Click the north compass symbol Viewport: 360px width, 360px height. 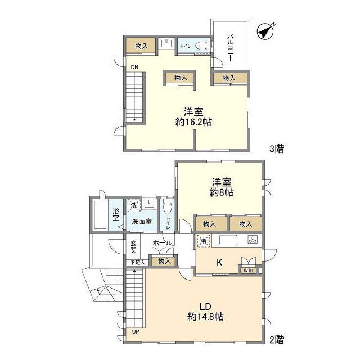(265, 31)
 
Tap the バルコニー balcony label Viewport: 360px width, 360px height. (231, 48)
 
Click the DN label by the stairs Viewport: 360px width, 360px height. (134, 67)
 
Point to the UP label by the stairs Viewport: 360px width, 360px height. (136, 332)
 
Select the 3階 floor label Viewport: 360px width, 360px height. (277, 148)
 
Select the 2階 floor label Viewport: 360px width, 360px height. (277, 340)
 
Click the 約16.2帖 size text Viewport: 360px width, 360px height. (193, 122)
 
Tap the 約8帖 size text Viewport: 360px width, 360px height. (222, 192)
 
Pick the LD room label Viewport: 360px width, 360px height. (205, 307)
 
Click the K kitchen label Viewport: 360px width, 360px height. (219, 263)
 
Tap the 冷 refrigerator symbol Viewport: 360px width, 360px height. (203, 241)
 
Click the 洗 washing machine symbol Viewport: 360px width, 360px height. (134, 205)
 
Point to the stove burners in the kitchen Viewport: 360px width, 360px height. (253, 240)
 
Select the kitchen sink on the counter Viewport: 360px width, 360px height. (228, 240)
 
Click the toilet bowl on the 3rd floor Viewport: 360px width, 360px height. (203, 46)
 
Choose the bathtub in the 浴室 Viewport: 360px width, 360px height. (100, 215)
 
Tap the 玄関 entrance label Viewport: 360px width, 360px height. (133, 246)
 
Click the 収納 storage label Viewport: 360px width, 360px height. (248, 271)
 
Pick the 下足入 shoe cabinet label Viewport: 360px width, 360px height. (138, 263)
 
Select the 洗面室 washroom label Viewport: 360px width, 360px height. (142, 222)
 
